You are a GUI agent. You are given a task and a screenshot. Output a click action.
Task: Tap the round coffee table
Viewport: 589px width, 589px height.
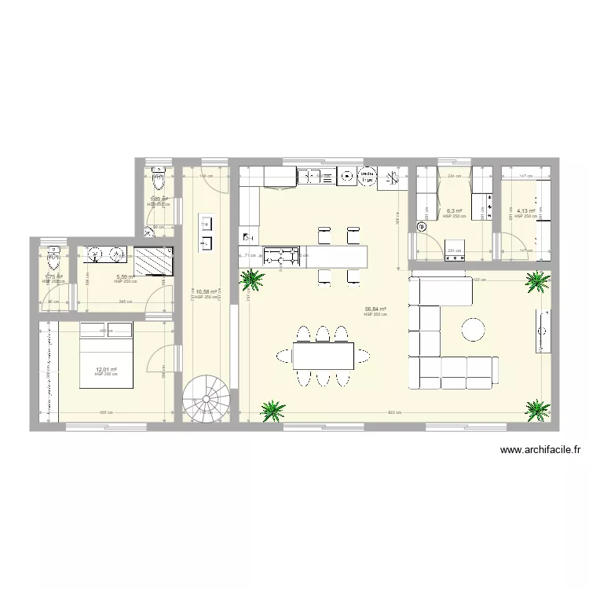474,329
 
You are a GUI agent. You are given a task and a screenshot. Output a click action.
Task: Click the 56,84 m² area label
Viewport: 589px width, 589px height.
375,309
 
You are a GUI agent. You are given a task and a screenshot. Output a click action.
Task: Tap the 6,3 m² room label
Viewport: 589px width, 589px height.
455,211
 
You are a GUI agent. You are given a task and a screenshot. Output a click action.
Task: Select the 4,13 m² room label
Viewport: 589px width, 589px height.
525,210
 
